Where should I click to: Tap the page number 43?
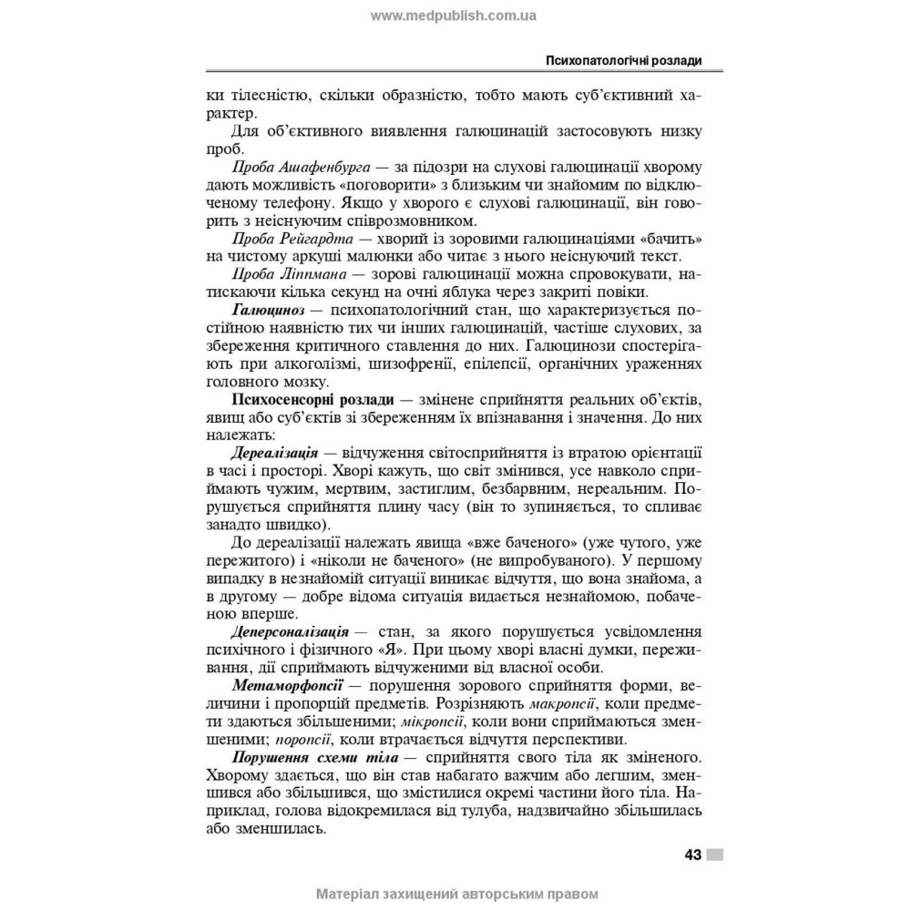[691, 855]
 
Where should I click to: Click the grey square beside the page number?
[715, 855]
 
